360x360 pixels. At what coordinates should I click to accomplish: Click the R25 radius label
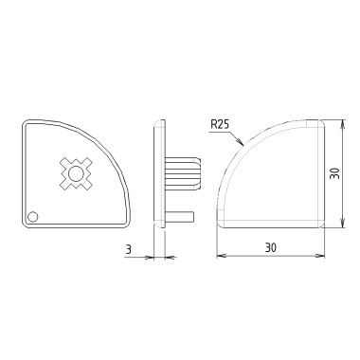click(219, 125)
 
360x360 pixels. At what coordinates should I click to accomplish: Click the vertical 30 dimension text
click(334, 173)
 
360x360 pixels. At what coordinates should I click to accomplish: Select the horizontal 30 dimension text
click(270, 247)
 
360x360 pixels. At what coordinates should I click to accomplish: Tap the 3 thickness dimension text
click(128, 250)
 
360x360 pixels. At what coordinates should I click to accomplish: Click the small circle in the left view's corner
click(33, 217)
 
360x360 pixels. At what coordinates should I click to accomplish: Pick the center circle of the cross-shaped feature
click(76, 173)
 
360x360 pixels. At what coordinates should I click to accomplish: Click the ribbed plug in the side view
click(183, 173)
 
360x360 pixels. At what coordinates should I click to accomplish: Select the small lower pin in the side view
click(179, 216)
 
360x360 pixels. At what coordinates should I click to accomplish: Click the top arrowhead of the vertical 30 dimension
click(343, 124)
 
